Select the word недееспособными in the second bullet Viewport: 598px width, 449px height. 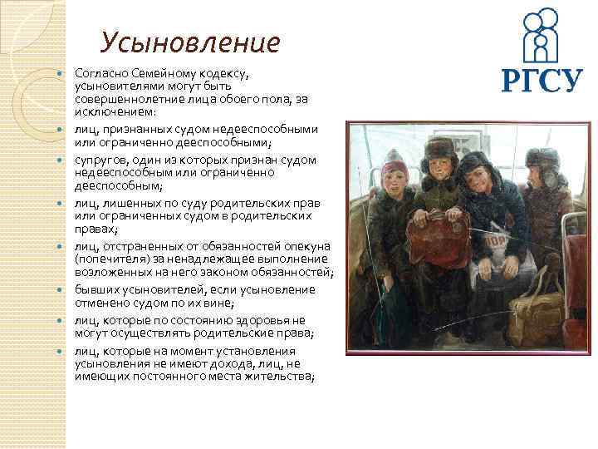tap(268, 129)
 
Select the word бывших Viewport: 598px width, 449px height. tap(96, 289)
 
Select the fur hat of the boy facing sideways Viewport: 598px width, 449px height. tap(543, 157)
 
